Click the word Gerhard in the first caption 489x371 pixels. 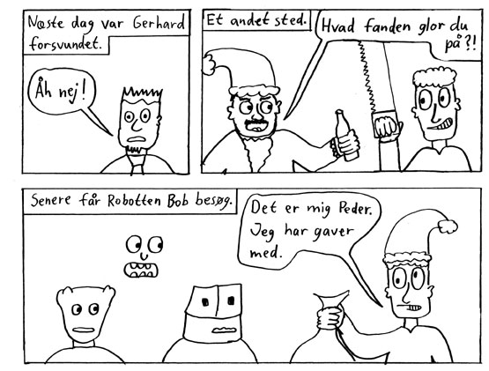[x=159, y=22]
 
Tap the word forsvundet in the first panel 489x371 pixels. [x=66, y=44]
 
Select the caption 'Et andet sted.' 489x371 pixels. [x=257, y=20]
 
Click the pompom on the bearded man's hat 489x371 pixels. [x=209, y=64]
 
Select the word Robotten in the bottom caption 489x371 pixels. [x=134, y=201]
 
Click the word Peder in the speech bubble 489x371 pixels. [x=355, y=209]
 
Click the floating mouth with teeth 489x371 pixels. [x=141, y=271]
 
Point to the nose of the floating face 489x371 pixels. [x=144, y=256]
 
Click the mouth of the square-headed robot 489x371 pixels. [x=223, y=330]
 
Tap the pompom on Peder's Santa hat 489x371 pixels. [x=448, y=226]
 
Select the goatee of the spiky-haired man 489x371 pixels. [x=136, y=150]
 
